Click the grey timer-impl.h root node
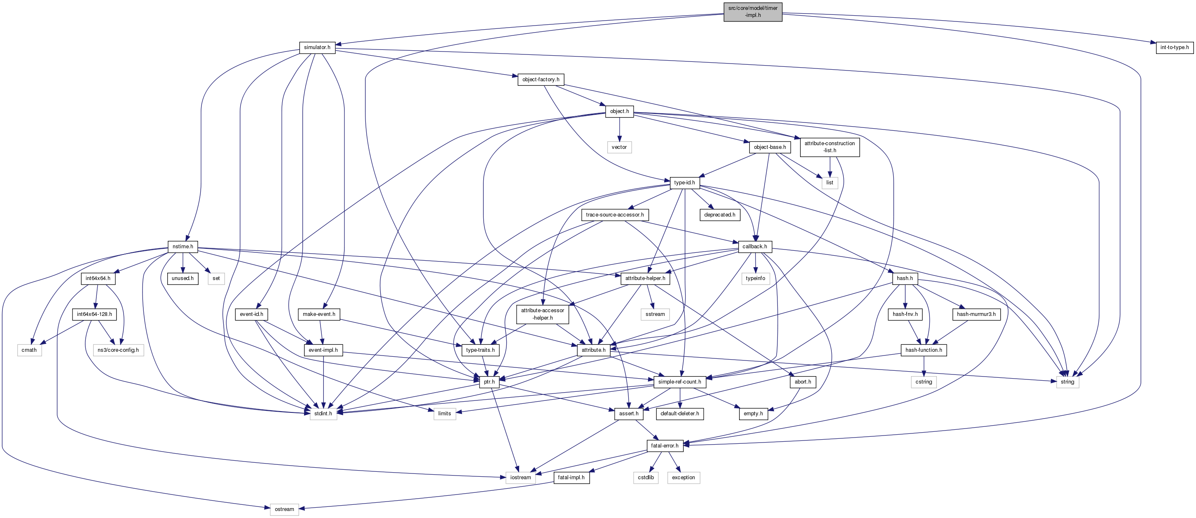[x=753, y=12]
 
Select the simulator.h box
[x=317, y=47]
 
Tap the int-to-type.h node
[x=1174, y=47]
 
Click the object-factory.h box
[x=541, y=80]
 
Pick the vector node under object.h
[x=619, y=147]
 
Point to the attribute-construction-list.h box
[x=829, y=147]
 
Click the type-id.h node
[x=684, y=183]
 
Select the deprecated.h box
[x=719, y=214]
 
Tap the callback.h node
[x=754, y=246]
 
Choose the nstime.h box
[x=183, y=246]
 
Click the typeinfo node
[x=756, y=278]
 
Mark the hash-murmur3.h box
[x=976, y=314]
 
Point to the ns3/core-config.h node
[x=118, y=350]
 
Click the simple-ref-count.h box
[x=679, y=382]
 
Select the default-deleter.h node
[x=679, y=414]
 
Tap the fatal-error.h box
[x=665, y=445]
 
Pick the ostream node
[x=284, y=509]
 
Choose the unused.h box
[x=183, y=278]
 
